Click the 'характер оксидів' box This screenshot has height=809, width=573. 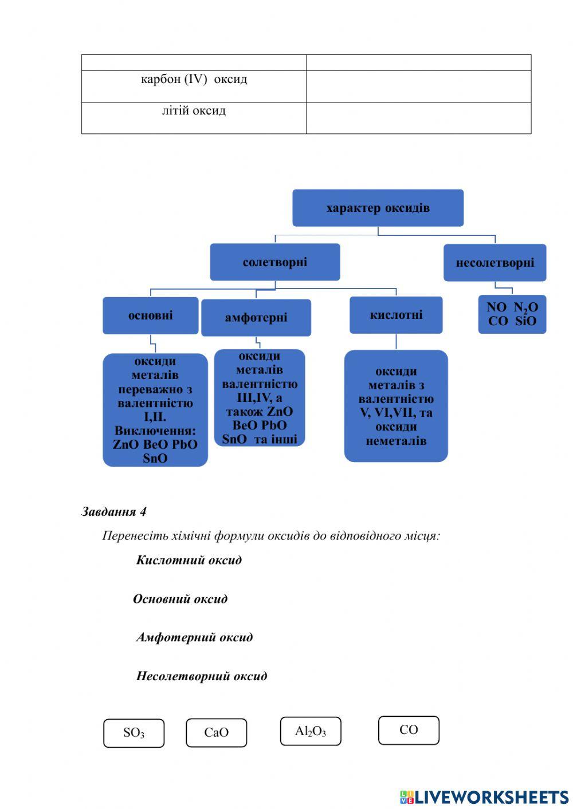(378, 208)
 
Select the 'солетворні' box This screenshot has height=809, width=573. (275, 262)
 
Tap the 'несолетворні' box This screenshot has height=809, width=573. (494, 263)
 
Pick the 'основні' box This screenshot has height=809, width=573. (150, 315)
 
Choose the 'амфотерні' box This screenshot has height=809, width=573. (256, 318)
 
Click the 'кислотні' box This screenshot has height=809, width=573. (396, 315)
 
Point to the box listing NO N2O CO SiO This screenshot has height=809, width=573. (512, 314)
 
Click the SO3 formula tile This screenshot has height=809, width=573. (134, 733)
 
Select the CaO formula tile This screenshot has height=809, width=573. (216, 733)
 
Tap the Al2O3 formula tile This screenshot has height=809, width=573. (311, 731)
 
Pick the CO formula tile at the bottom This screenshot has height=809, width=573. (409, 730)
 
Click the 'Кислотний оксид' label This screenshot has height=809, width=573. (189, 560)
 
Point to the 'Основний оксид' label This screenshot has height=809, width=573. (180, 599)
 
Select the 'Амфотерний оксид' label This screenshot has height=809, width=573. (194, 637)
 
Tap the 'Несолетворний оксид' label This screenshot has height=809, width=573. (201, 676)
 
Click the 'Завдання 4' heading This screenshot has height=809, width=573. (114, 511)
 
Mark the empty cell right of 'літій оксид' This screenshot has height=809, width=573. (418, 118)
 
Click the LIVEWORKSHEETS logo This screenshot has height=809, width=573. (484, 797)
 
